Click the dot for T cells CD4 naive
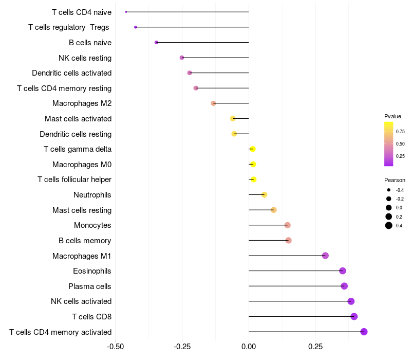pos(126,12)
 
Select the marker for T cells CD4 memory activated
pos(364,332)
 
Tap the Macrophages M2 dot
pos(213,103)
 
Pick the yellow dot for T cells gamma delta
pos(253,149)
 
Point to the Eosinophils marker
pos(342,271)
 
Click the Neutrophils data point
pos(264,195)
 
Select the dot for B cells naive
pos(157,43)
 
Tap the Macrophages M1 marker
pos(325,256)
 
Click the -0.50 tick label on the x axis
pos(115,347)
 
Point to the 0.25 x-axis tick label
pos(315,347)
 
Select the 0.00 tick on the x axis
pos(249,347)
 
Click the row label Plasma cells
pos(89,286)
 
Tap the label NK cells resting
pos(85,58)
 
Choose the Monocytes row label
pos(92,225)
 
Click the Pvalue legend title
pos(393,116)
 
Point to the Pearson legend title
pos(395,180)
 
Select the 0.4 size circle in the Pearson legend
pos(389,225)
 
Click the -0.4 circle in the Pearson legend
pos(389,190)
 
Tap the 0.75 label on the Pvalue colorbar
pos(400,132)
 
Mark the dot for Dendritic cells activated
pos(190,73)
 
